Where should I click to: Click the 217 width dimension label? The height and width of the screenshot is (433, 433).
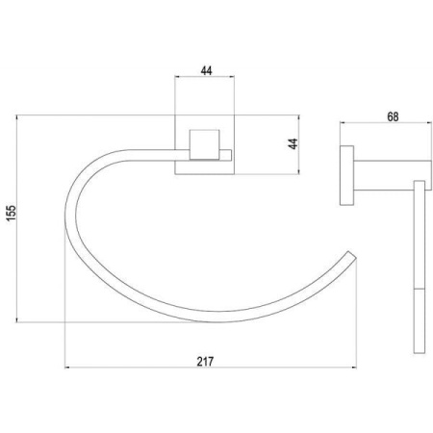click(x=205, y=362)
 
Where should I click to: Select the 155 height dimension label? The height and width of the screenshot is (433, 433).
click(x=12, y=213)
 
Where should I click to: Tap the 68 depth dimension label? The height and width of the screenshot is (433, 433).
click(x=393, y=116)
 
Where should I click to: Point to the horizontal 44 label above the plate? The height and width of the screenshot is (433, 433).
click(x=206, y=70)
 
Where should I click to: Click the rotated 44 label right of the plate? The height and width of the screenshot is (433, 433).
click(x=293, y=143)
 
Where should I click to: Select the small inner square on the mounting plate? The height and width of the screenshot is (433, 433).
click(x=205, y=144)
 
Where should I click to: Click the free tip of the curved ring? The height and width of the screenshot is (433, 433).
click(x=352, y=256)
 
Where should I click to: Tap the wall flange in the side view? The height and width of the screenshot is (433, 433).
click(x=346, y=175)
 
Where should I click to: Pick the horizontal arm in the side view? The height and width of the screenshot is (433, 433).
click(x=393, y=175)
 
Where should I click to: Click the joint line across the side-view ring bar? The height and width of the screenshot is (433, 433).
click(x=420, y=289)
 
